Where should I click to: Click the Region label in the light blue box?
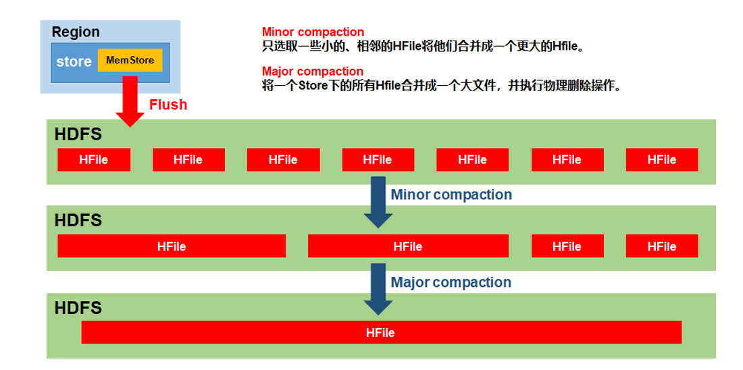click(x=76, y=32)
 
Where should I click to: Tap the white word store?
click(x=74, y=62)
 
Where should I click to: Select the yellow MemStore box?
click(x=130, y=60)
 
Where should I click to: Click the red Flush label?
click(x=168, y=104)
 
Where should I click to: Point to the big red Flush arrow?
click(x=130, y=101)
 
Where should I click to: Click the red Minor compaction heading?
click(x=313, y=32)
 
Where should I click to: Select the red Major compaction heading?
click(x=313, y=72)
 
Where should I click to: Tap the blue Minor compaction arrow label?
click(x=451, y=194)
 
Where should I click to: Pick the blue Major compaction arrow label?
click(x=451, y=282)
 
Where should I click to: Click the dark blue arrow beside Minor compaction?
click(x=378, y=203)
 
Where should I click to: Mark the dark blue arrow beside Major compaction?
click(x=378, y=289)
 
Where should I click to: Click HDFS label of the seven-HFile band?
click(x=78, y=134)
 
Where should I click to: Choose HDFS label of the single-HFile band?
click(x=78, y=309)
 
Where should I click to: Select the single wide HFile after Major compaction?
click(x=382, y=332)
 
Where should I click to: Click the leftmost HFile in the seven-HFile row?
click(x=94, y=159)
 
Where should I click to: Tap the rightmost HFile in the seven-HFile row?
click(x=662, y=159)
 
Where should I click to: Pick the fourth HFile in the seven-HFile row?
click(x=378, y=159)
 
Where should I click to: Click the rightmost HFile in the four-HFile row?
click(x=662, y=246)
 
